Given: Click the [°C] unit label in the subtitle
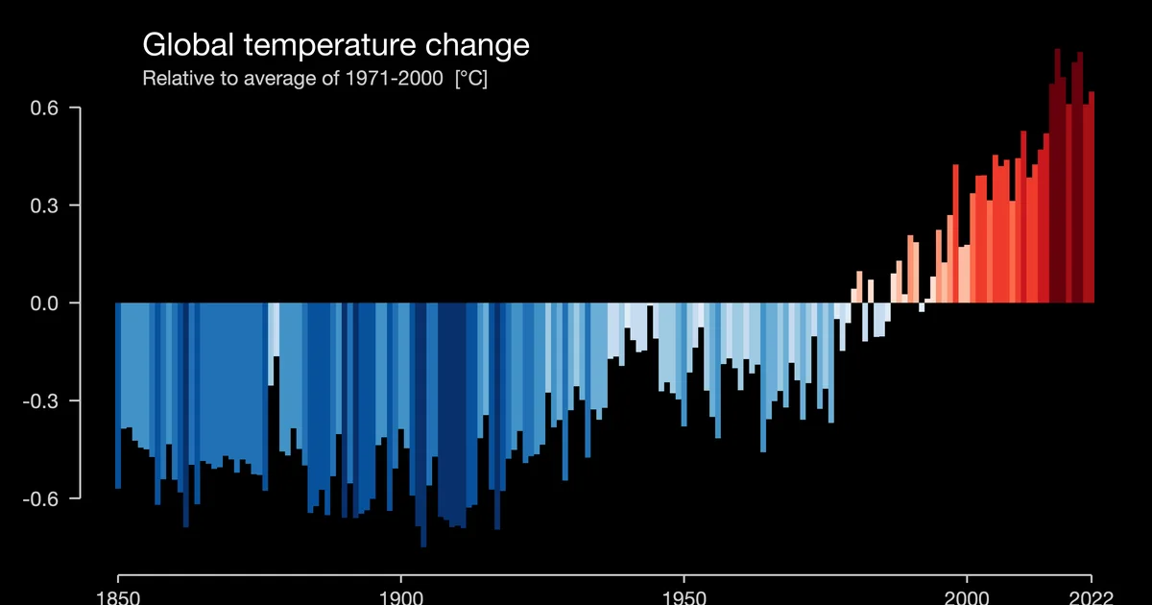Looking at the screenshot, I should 470,79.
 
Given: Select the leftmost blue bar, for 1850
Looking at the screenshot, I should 118,394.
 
